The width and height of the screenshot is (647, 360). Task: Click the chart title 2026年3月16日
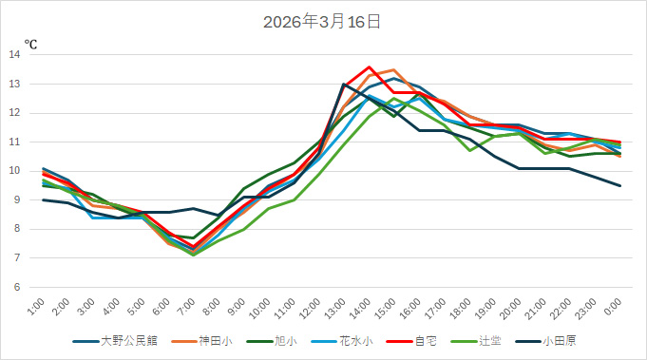click(322, 21)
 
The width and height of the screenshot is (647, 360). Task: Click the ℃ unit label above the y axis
click(30, 44)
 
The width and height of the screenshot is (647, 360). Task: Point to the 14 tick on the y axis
click(14, 55)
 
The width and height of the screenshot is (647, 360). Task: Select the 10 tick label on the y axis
click(14, 171)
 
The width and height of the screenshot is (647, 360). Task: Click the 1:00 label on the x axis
click(37, 308)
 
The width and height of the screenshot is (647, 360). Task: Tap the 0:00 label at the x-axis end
click(613, 308)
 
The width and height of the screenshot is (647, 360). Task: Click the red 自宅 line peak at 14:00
click(369, 67)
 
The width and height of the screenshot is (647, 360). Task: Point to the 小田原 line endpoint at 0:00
click(620, 185)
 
